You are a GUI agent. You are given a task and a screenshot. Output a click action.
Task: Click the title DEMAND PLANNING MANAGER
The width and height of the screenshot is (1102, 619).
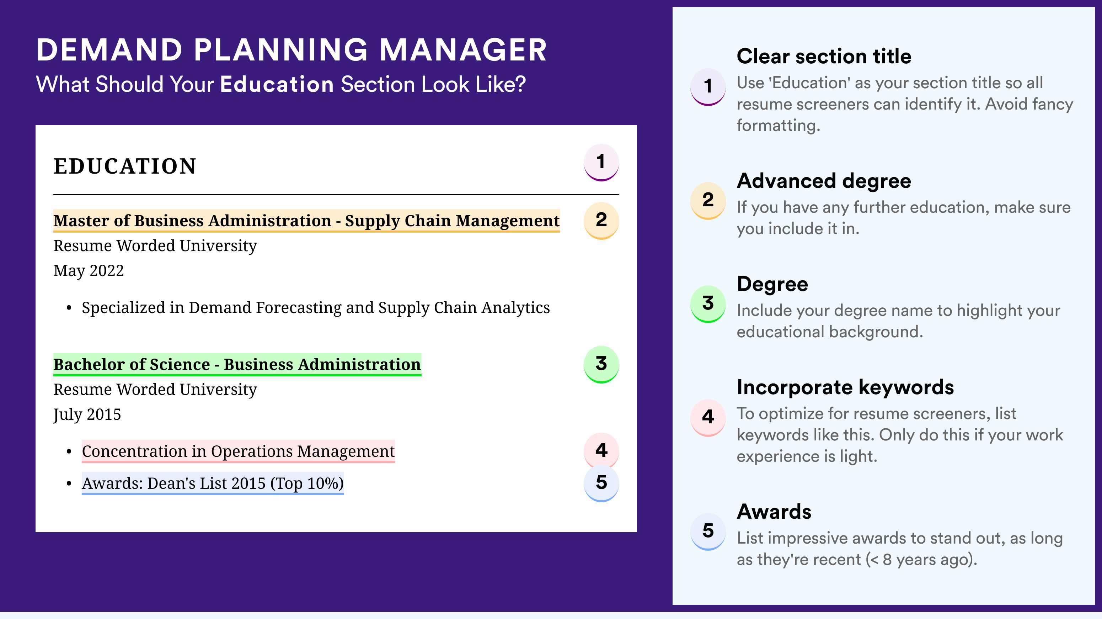pos(291,50)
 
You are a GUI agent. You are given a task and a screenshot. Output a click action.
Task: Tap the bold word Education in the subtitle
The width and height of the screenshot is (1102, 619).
pos(277,84)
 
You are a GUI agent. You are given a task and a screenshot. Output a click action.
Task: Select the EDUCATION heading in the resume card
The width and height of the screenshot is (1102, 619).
pos(124,166)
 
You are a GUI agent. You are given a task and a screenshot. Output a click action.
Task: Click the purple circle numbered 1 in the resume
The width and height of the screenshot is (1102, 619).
pos(601,162)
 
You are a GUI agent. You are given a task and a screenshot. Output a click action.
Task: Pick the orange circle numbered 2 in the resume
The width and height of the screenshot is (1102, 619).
pos(601,221)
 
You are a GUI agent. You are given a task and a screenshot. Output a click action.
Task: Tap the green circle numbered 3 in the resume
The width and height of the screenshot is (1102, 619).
pos(601,364)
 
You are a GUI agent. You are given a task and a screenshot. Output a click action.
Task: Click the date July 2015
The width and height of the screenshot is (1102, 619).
pos(87,415)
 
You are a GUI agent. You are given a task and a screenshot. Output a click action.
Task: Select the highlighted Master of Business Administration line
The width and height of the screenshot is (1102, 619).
pos(307,221)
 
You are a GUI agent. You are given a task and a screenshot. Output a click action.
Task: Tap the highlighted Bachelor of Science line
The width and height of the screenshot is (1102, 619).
pos(237,365)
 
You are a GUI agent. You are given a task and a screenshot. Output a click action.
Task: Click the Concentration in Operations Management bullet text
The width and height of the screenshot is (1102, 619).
pos(238,451)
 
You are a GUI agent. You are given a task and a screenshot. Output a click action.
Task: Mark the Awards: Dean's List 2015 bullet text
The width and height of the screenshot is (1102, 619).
pos(213,483)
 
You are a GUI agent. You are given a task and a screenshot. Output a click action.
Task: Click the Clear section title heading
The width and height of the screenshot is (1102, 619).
pos(824,56)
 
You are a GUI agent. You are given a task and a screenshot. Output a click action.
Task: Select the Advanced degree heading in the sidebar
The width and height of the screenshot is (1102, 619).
pos(824,181)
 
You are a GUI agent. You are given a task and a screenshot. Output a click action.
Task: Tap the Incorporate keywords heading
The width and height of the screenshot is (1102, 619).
pos(845,387)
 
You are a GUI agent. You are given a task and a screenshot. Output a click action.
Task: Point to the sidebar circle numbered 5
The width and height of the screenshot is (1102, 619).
pos(708,531)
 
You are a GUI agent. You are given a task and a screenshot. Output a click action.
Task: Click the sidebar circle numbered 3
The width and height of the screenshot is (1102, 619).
pos(708,303)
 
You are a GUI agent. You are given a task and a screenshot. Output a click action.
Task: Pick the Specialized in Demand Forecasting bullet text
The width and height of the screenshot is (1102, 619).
pos(316,308)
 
